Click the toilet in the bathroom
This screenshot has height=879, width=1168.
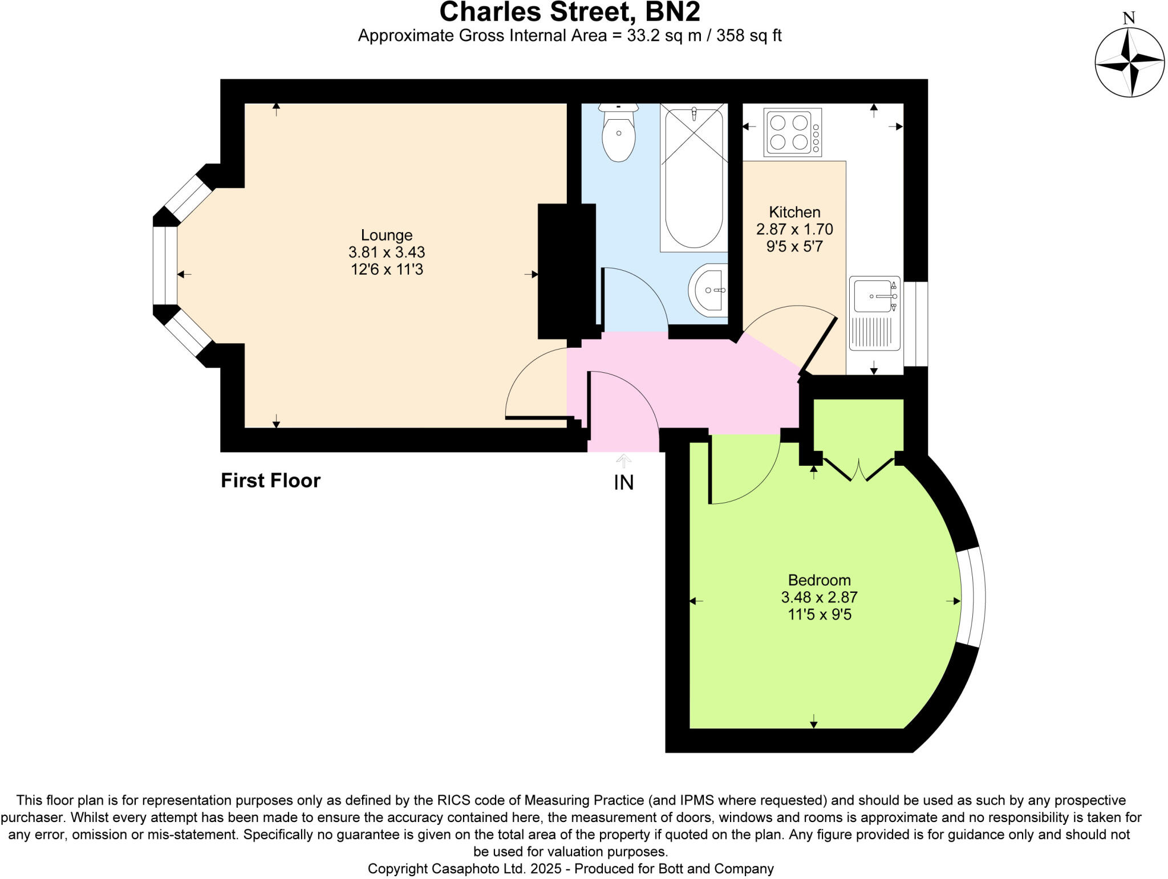pyautogui.click(x=619, y=135)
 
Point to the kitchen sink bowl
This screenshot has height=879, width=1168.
pyautogui.click(x=873, y=296)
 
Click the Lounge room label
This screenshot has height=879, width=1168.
pyautogui.click(x=386, y=235)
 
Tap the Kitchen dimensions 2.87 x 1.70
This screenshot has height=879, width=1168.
pyautogui.click(x=794, y=229)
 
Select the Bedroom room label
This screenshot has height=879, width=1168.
pyautogui.click(x=819, y=580)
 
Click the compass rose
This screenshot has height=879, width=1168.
pyautogui.click(x=1129, y=62)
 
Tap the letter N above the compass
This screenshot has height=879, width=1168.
pyautogui.click(x=1129, y=18)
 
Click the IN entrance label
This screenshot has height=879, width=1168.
pyautogui.click(x=623, y=483)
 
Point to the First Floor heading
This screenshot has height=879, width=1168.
pyautogui.click(x=270, y=481)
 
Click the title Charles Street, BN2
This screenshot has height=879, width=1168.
pyautogui.click(x=570, y=11)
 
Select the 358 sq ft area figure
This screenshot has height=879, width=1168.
pyautogui.click(x=748, y=36)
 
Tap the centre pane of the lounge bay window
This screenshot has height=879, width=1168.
pyautogui.click(x=165, y=266)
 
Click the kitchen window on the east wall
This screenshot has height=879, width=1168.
pyautogui.click(x=915, y=324)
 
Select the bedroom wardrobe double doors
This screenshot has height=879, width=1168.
pyautogui.click(x=859, y=469)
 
